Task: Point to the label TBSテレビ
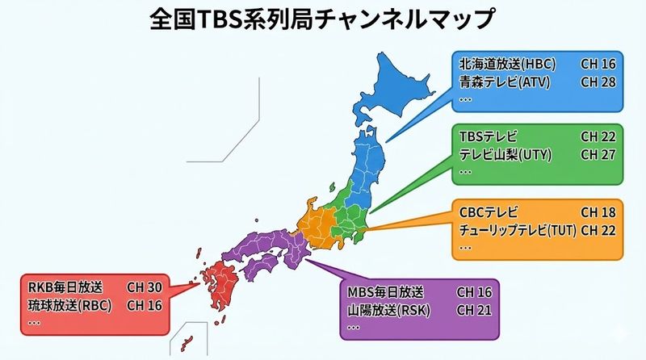click(488, 136)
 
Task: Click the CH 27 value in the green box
click(598, 153)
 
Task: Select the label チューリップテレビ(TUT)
click(517, 230)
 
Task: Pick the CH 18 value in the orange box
click(598, 212)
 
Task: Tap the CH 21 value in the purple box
click(474, 310)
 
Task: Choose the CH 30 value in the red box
click(145, 287)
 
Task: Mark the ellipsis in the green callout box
click(465, 170)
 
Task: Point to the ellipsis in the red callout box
click(34, 321)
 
